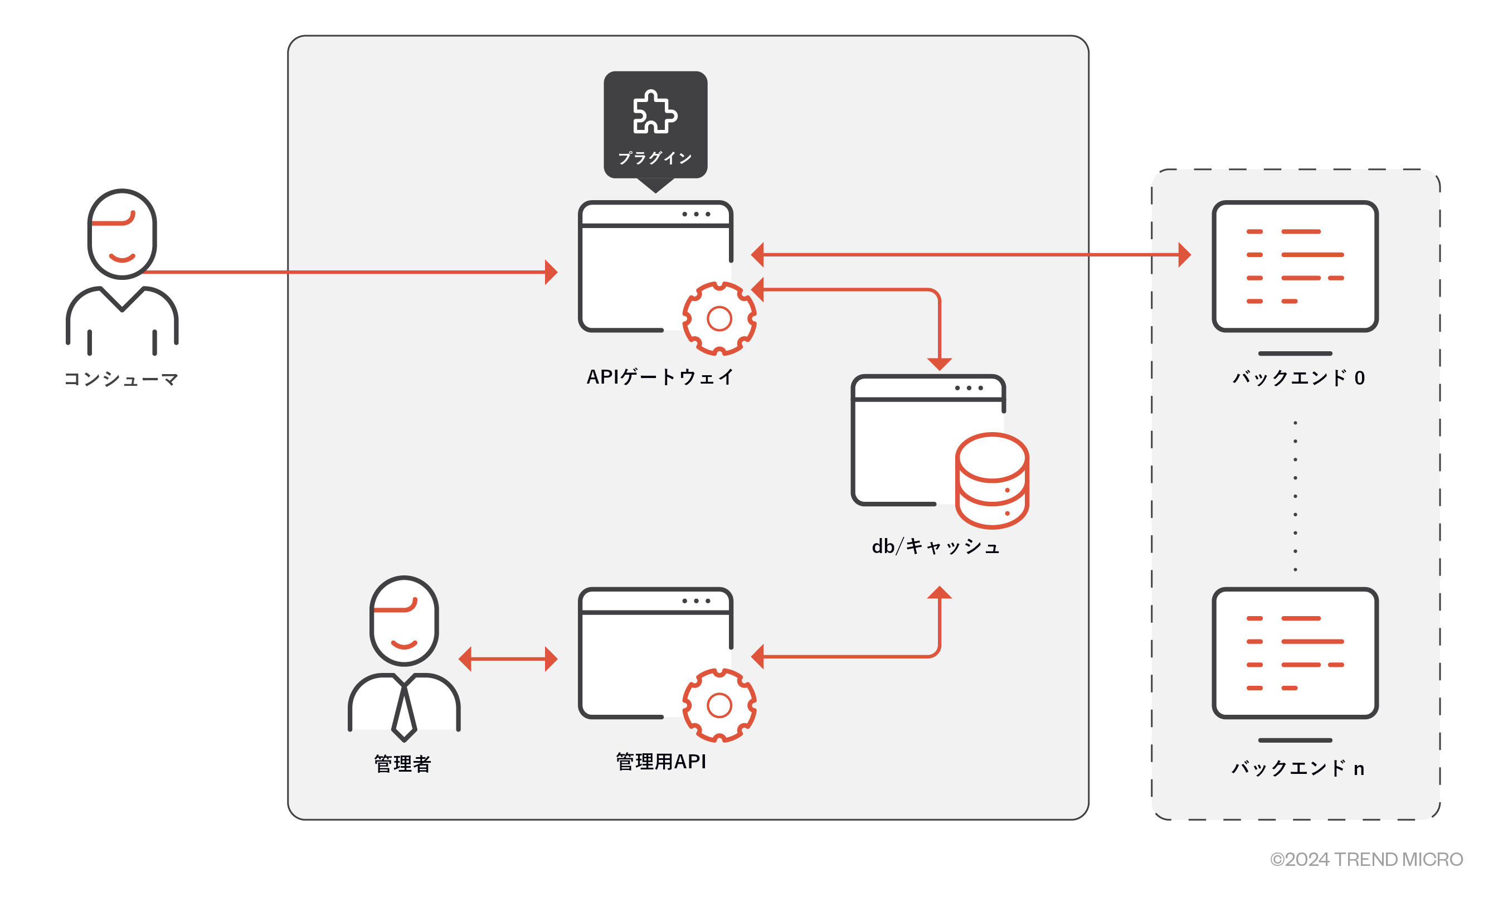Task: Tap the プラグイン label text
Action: (x=655, y=158)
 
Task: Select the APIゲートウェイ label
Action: (x=659, y=377)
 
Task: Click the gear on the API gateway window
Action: (x=719, y=319)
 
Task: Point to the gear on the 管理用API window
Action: (x=719, y=705)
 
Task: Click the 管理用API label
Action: (x=661, y=762)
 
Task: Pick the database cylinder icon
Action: (x=991, y=480)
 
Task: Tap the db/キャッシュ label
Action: (x=935, y=546)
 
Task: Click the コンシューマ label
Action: (x=121, y=380)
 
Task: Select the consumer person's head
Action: (x=122, y=234)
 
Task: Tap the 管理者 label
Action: (x=402, y=763)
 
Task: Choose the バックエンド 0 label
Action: (x=1298, y=377)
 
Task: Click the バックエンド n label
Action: (x=1297, y=768)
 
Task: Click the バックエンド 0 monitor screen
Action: (x=1295, y=267)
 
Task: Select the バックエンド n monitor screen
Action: (x=1295, y=653)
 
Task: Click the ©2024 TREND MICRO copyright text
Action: (x=1366, y=859)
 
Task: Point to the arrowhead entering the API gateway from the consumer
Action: (x=551, y=272)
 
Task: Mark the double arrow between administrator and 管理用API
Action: (x=508, y=659)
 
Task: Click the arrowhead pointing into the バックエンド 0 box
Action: (x=1184, y=255)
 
